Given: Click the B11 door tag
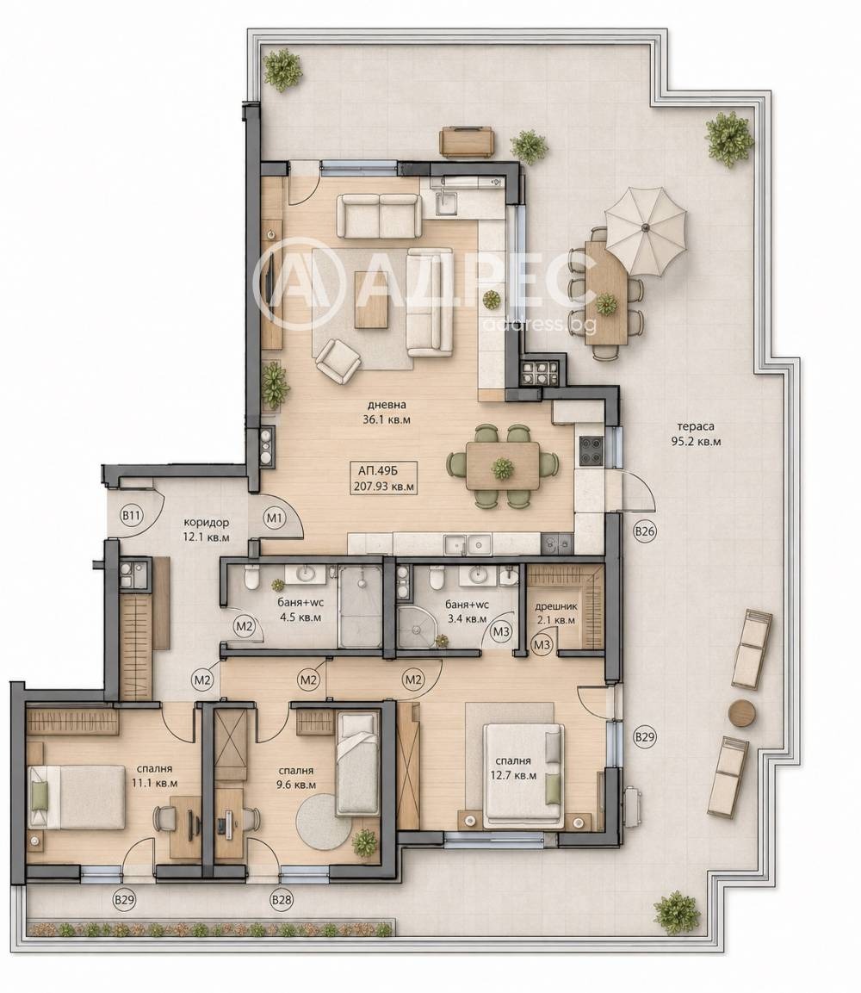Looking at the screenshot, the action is click(131, 516).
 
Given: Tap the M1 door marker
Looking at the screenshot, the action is click(274, 518).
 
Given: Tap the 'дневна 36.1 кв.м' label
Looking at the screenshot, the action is click(387, 412).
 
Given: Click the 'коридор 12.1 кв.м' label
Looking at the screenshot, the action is click(207, 530).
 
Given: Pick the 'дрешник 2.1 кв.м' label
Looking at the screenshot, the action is click(556, 613).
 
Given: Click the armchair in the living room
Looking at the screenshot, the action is click(338, 360).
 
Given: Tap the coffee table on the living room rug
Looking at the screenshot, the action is click(373, 300).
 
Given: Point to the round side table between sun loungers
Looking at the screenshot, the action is click(742, 712).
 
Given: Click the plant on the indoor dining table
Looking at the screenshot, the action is click(504, 469).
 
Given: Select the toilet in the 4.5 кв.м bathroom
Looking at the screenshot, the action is click(251, 577).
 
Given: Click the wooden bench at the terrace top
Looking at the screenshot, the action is click(468, 141).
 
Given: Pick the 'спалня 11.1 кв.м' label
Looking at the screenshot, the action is click(154, 776).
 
